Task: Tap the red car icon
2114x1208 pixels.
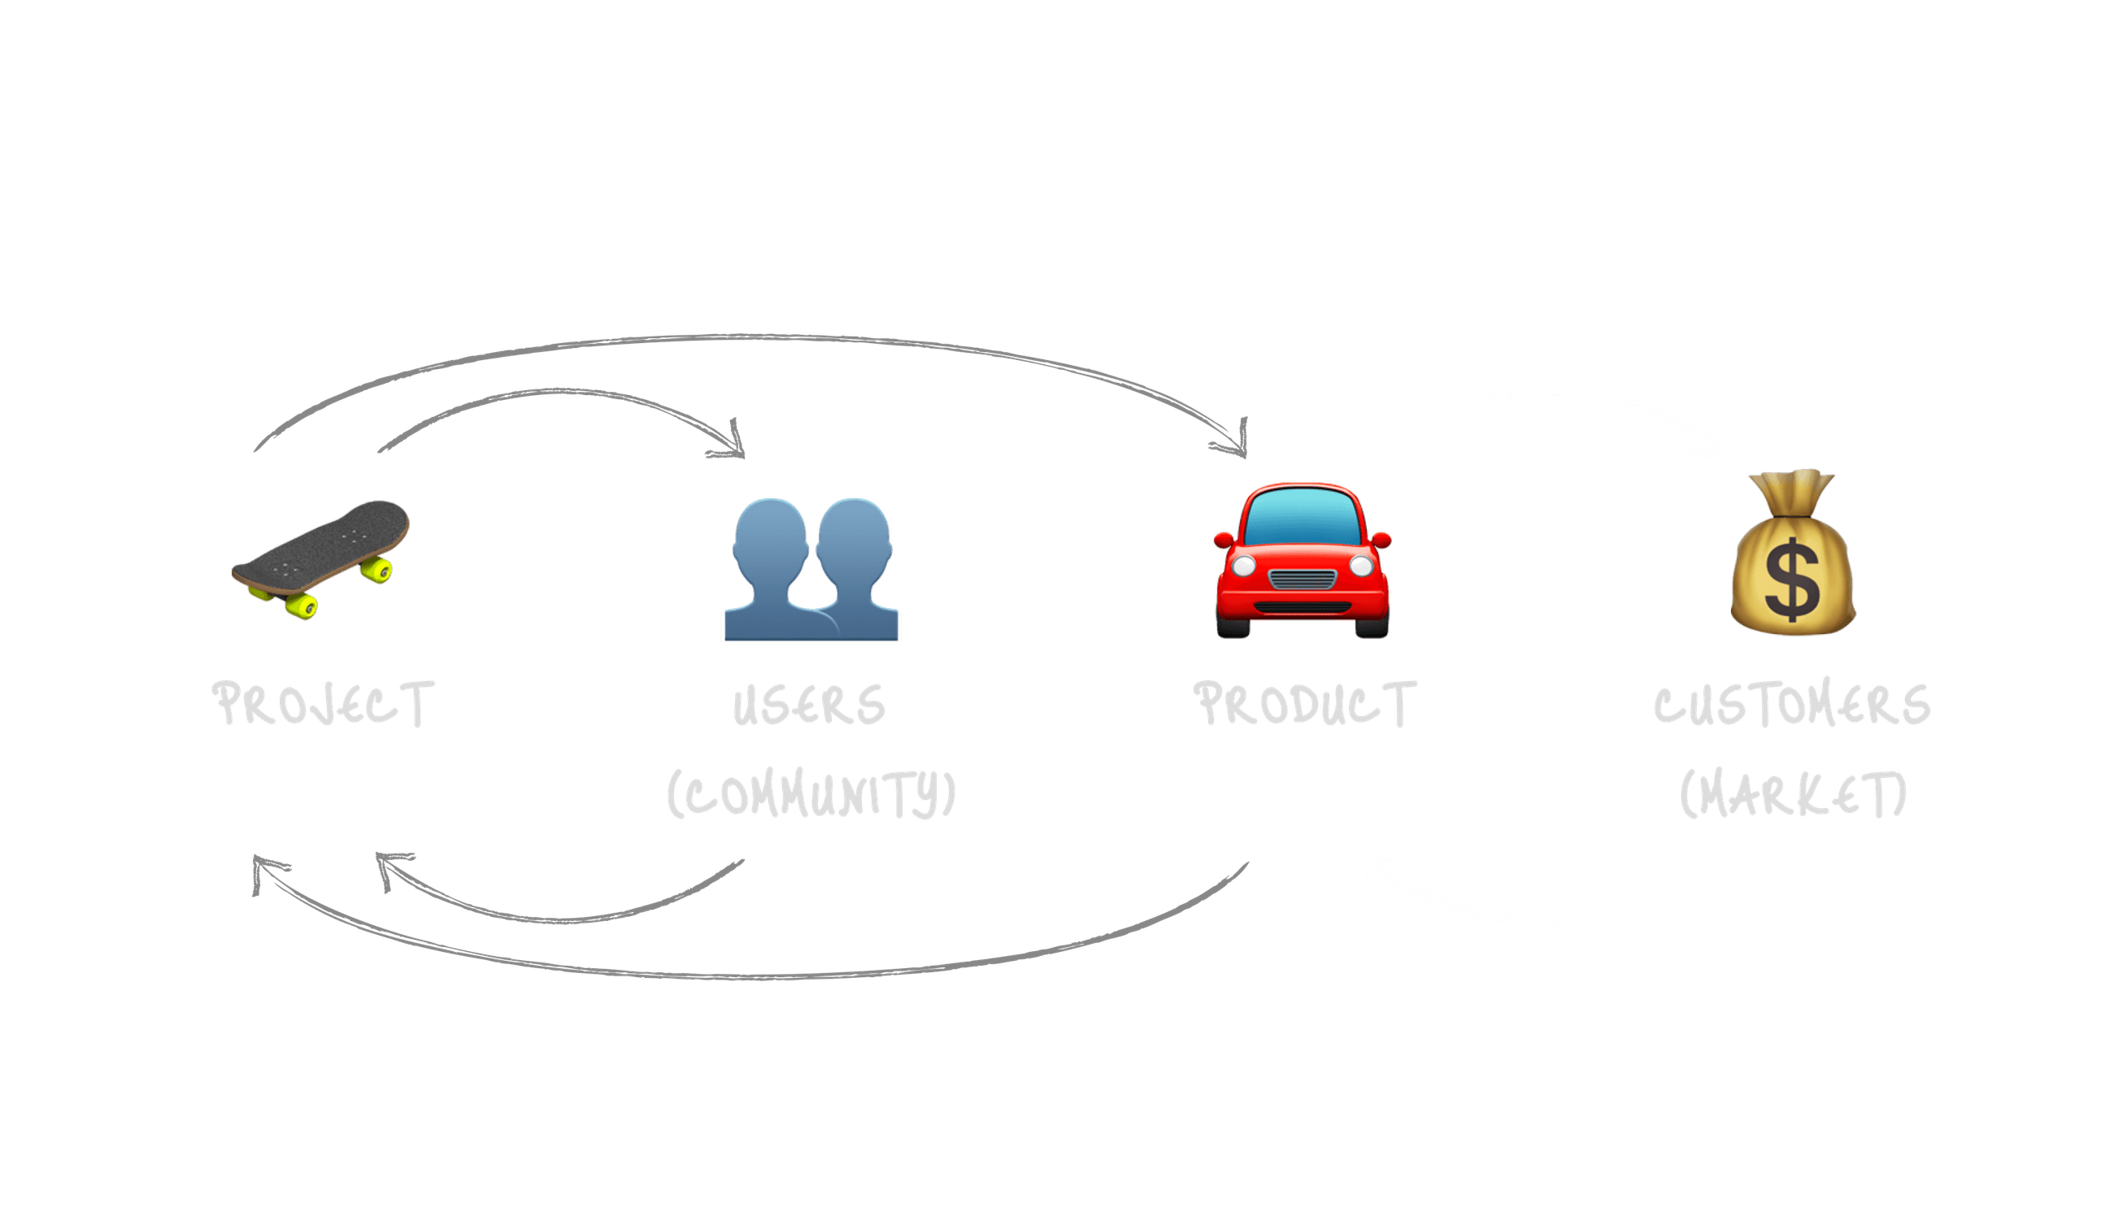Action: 1302,561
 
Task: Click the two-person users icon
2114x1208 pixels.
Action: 811,569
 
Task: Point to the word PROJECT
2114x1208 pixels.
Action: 324,703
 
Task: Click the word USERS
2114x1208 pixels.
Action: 809,706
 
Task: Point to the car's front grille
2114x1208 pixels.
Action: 1302,579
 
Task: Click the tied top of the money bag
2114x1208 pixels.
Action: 1793,485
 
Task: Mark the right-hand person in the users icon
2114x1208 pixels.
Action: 855,564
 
